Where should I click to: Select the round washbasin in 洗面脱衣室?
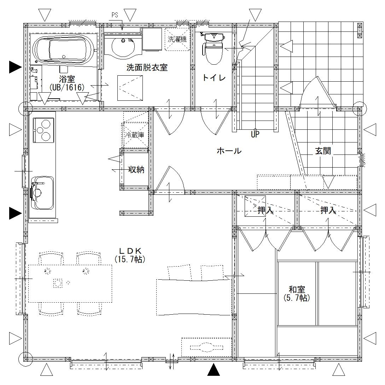click(123, 47)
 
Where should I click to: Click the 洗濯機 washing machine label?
click(177, 39)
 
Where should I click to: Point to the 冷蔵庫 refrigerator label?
click(135, 135)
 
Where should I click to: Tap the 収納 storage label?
click(136, 169)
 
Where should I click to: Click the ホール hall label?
click(229, 151)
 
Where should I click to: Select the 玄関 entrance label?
click(323, 151)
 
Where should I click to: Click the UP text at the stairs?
click(255, 134)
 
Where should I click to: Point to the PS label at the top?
click(115, 15)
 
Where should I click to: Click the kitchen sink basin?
click(42, 193)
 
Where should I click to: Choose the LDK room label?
click(130, 251)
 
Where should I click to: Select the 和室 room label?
click(297, 289)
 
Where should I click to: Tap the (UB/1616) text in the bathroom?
click(67, 87)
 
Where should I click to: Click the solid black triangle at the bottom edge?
click(214, 370)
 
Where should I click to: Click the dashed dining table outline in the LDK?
click(70, 284)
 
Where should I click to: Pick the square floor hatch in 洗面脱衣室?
click(130, 88)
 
